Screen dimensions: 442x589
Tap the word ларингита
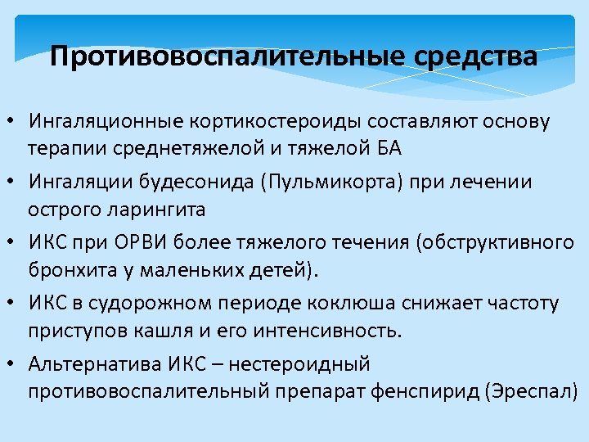(x=156, y=209)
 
